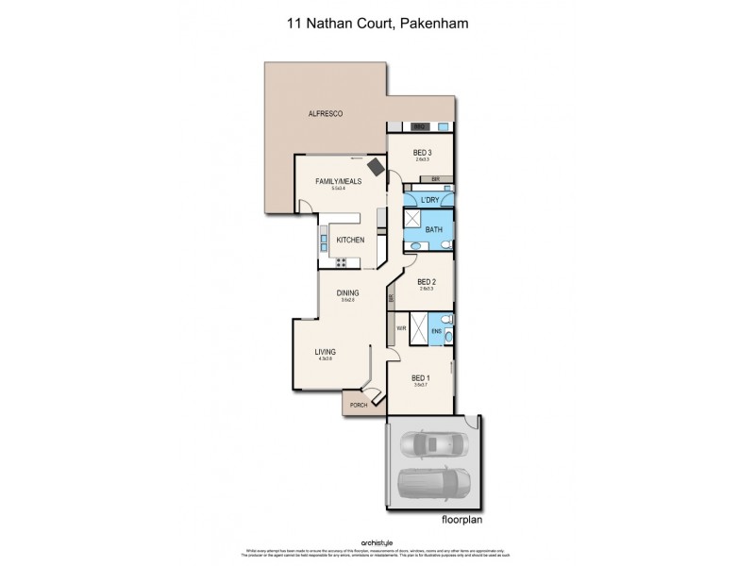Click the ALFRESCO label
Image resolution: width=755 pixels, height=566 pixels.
click(325, 114)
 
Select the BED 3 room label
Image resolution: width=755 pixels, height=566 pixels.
click(423, 153)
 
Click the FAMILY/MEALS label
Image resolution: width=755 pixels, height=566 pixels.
click(338, 182)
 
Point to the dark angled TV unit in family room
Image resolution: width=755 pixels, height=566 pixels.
click(376, 167)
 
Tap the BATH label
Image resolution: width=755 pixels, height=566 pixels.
click(434, 229)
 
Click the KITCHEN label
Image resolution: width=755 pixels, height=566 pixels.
click(350, 241)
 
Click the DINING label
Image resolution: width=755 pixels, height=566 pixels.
click(347, 293)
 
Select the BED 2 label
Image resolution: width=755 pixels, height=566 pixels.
click(426, 282)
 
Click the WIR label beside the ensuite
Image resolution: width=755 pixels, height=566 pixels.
click(401, 329)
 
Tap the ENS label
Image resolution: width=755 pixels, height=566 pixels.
click(436, 331)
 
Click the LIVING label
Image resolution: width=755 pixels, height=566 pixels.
click(326, 353)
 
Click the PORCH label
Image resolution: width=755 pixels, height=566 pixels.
click(359, 406)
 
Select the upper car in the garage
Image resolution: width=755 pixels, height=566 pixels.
click(433, 443)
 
